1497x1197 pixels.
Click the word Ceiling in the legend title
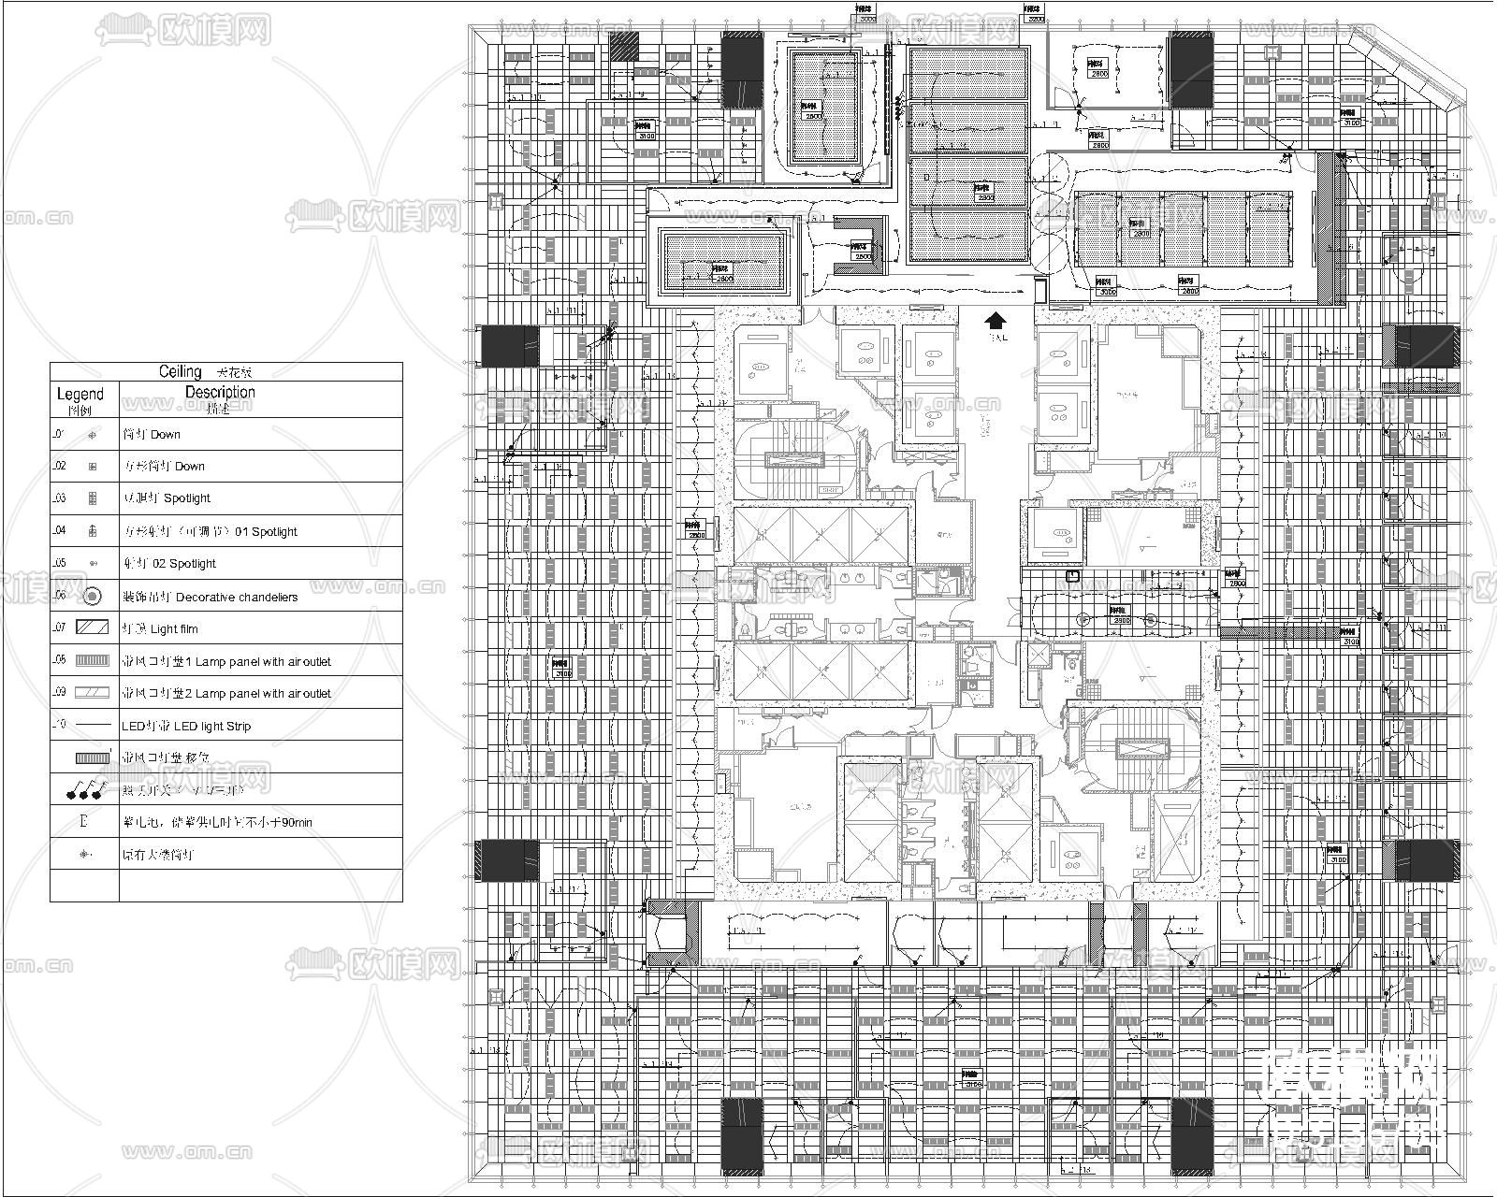pyautogui.click(x=181, y=371)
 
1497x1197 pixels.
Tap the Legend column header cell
pyautogui.click(x=80, y=399)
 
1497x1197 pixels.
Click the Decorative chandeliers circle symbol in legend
pyautogui.click(x=92, y=596)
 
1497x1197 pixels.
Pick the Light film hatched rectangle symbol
pyautogui.click(x=92, y=628)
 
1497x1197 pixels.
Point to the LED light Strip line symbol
pyautogui.click(x=92, y=725)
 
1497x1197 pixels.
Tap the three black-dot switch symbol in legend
pyautogui.click(x=85, y=791)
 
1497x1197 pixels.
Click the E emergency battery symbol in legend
pyautogui.click(x=84, y=822)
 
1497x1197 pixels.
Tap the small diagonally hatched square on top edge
pyautogui.click(x=624, y=47)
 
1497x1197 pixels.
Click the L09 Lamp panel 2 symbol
pyautogui.click(x=92, y=693)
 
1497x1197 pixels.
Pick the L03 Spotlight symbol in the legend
pyautogui.click(x=92, y=498)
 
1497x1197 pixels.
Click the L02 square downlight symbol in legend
pyautogui.click(x=92, y=466)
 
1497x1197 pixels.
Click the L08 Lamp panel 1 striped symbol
pyautogui.click(x=92, y=660)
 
